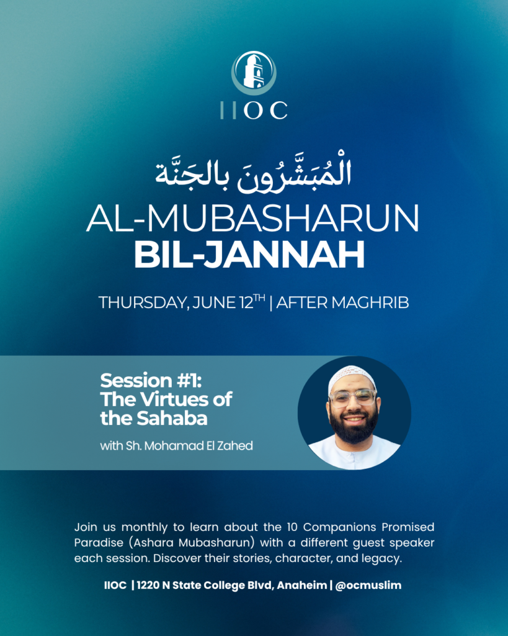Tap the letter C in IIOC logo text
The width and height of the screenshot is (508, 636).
point(279,111)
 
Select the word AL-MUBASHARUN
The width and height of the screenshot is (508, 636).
point(253,218)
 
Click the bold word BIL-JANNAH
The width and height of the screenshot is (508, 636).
point(249,255)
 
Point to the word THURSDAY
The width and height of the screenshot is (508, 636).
point(144,303)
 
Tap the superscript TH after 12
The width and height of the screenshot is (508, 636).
point(259,298)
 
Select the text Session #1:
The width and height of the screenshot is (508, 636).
point(151,381)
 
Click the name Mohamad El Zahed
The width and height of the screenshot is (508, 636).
point(198,446)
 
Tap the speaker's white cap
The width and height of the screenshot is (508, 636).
point(352,376)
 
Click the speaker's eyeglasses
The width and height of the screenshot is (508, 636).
point(353,397)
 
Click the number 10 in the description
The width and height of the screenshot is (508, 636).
point(292,527)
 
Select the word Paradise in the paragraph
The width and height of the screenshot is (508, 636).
point(99,543)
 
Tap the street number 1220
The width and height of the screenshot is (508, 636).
point(148,586)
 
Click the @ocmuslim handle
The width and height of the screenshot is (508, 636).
point(368,586)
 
